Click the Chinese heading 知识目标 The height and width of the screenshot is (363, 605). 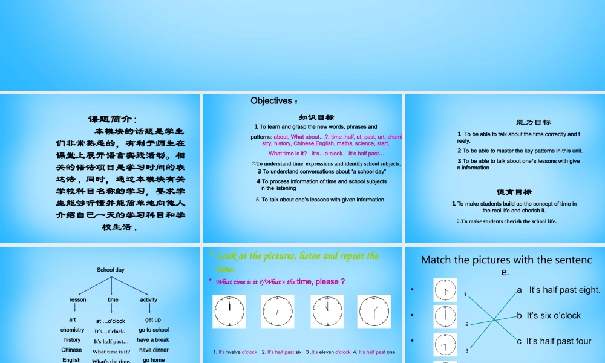point(316,117)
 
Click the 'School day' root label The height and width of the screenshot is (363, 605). point(111,270)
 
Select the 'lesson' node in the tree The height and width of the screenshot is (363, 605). point(78,300)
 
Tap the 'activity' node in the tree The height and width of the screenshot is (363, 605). point(148,300)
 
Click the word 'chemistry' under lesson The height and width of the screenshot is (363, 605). point(73,330)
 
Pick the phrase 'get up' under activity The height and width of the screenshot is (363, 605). point(153,320)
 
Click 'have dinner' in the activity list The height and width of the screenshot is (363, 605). point(154,350)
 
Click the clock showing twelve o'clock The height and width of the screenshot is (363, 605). point(229,311)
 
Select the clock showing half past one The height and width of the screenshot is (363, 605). point(374,311)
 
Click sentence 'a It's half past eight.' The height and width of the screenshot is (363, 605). point(558,290)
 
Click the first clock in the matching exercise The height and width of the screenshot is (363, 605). point(445,290)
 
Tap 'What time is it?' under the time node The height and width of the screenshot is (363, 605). point(111,352)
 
